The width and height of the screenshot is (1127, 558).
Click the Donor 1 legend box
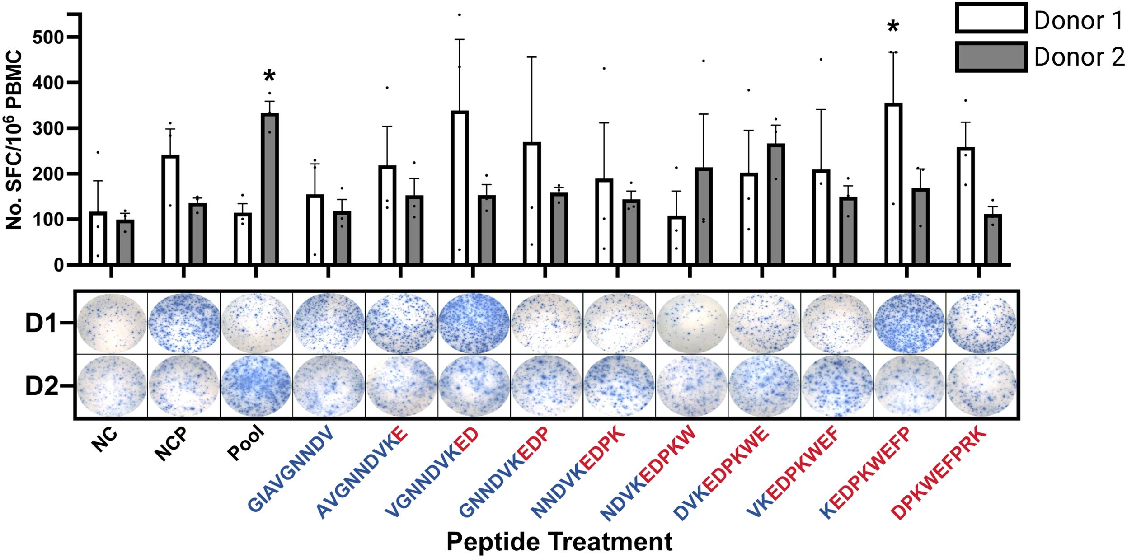(x=991, y=18)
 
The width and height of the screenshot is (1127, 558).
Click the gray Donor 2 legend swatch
(x=991, y=56)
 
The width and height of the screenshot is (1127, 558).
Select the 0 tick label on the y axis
(x=59, y=265)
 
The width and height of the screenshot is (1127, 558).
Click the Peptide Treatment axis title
(x=559, y=542)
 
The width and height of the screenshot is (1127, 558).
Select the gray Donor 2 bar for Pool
(x=270, y=188)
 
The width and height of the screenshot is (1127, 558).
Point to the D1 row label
(x=41, y=324)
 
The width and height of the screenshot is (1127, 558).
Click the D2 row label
(x=41, y=387)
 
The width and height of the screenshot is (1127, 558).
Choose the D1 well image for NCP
(x=184, y=323)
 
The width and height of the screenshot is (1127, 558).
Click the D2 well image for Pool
(x=256, y=386)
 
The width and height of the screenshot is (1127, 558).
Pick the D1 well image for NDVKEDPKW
(x=691, y=323)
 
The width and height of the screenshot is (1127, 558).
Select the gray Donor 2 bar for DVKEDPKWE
(x=775, y=204)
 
